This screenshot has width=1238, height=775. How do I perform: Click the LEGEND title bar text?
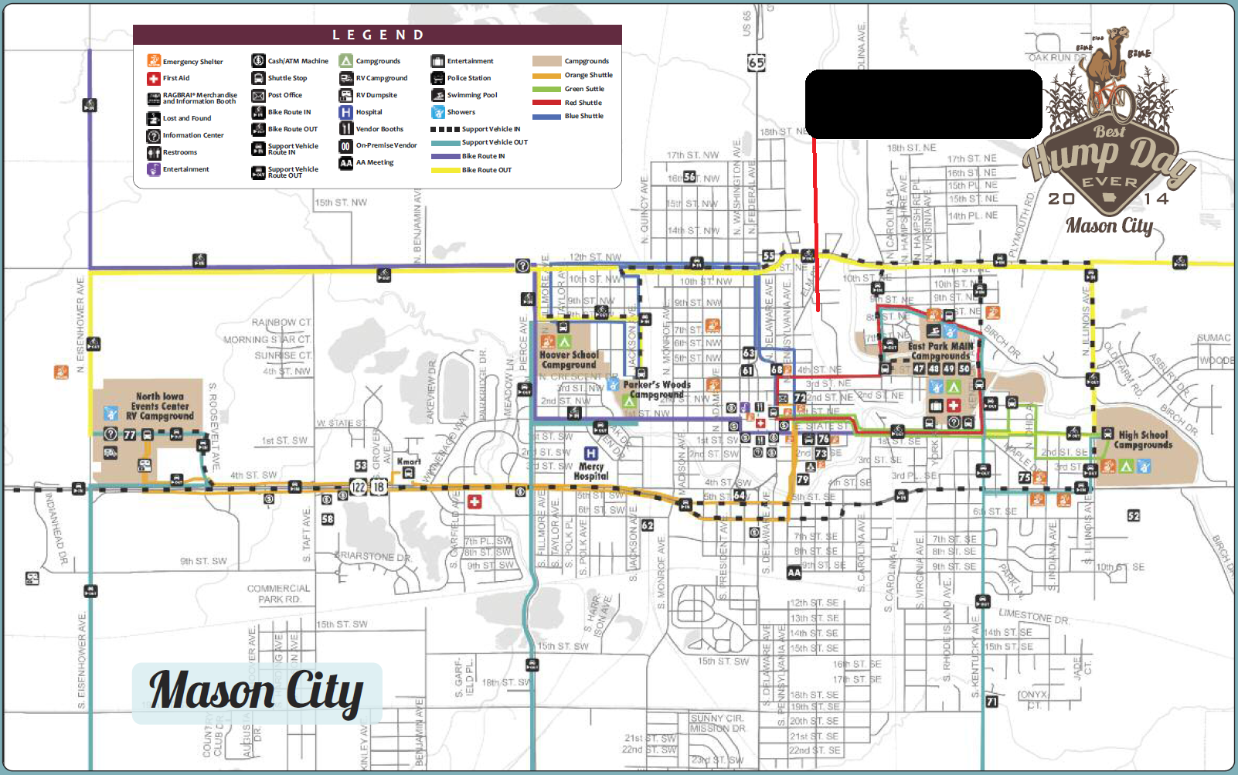tap(378, 35)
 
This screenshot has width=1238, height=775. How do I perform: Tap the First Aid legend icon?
tap(154, 78)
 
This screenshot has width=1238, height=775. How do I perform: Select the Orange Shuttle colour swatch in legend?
tap(546, 76)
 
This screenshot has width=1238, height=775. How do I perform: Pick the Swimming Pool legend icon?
tap(437, 95)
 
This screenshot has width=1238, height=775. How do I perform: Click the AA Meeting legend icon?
tap(346, 163)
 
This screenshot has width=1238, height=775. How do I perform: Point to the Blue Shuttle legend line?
tap(546, 117)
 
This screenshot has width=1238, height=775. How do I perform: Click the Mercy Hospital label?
tap(591, 471)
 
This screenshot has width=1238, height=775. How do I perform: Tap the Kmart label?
tap(409, 461)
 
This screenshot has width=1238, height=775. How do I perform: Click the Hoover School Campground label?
tap(569, 360)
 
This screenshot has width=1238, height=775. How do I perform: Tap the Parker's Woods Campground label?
tap(656, 389)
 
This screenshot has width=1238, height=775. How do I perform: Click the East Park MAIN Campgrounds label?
tap(940, 352)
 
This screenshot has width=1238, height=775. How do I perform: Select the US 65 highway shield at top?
tap(757, 63)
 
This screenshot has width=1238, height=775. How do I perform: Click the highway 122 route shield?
tap(358, 487)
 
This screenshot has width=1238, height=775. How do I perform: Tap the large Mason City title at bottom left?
tap(257, 691)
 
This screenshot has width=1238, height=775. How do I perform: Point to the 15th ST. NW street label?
tap(341, 202)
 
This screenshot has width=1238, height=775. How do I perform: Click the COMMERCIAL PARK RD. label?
tap(278, 593)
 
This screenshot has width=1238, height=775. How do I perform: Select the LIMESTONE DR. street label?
tap(1033, 616)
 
